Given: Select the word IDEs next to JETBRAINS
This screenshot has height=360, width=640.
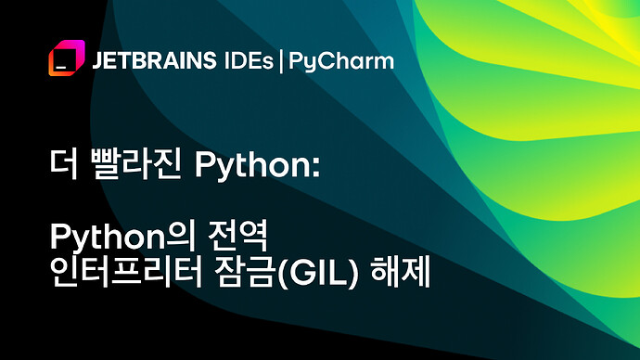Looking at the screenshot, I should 248,62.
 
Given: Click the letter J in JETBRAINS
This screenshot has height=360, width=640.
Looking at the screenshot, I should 97,62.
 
